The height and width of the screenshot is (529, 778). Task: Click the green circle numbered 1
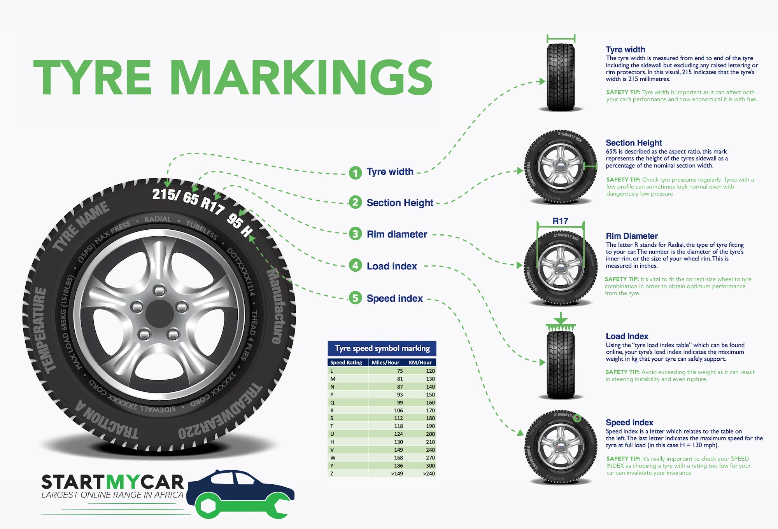(x=355, y=173)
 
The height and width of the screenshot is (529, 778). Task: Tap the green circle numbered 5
(x=355, y=298)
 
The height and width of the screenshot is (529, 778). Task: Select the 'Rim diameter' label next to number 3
(x=397, y=234)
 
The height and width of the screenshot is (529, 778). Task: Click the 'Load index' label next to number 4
(x=392, y=266)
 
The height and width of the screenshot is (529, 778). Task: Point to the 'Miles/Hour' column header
(x=385, y=363)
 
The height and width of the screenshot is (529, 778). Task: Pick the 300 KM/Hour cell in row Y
(x=430, y=466)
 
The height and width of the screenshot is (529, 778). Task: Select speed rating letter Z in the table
(x=332, y=473)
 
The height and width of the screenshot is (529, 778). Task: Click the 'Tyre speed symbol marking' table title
(x=382, y=348)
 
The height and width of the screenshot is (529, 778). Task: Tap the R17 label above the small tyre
(x=560, y=221)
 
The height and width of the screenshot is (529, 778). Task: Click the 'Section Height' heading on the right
(x=634, y=143)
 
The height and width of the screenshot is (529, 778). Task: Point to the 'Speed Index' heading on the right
(x=629, y=423)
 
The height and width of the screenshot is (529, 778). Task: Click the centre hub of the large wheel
(x=159, y=313)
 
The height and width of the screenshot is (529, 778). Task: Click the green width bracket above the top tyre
(x=561, y=38)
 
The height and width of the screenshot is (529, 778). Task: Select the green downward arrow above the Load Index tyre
(x=561, y=319)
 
